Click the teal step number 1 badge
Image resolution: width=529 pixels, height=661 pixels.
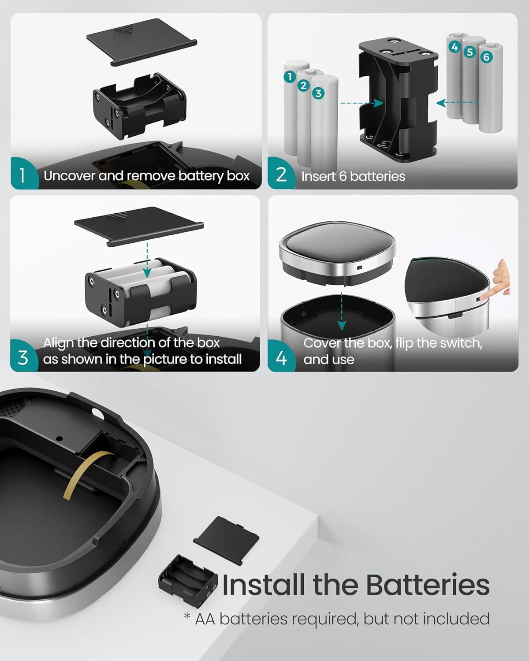click(x=23, y=174)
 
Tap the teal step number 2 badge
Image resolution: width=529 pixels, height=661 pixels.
click(x=280, y=174)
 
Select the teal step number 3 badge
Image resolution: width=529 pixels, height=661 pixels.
click(x=23, y=356)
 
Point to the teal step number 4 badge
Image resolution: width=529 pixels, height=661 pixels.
click(x=281, y=357)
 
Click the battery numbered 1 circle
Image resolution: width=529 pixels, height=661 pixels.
click(x=290, y=77)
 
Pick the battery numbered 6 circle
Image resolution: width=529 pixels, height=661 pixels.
click(x=486, y=57)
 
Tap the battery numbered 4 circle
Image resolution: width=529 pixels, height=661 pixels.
click(x=454, y=47)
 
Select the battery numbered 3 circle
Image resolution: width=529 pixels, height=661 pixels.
click(x=318, y=93)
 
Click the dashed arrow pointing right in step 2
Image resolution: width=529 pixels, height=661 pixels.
click(x=362, y=103)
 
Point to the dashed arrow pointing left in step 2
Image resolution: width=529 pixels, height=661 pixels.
click(x=457, y=103)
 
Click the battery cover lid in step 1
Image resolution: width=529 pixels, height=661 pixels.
click(x=142, y=42)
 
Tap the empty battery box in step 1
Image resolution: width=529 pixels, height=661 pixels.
click(x=140, y=105)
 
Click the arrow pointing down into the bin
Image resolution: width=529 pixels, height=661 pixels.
click(x=342, y=312)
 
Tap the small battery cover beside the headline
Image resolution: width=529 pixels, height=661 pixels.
click(x=226, y=540)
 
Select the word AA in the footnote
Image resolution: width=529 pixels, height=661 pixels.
click(x=205, y=619)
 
